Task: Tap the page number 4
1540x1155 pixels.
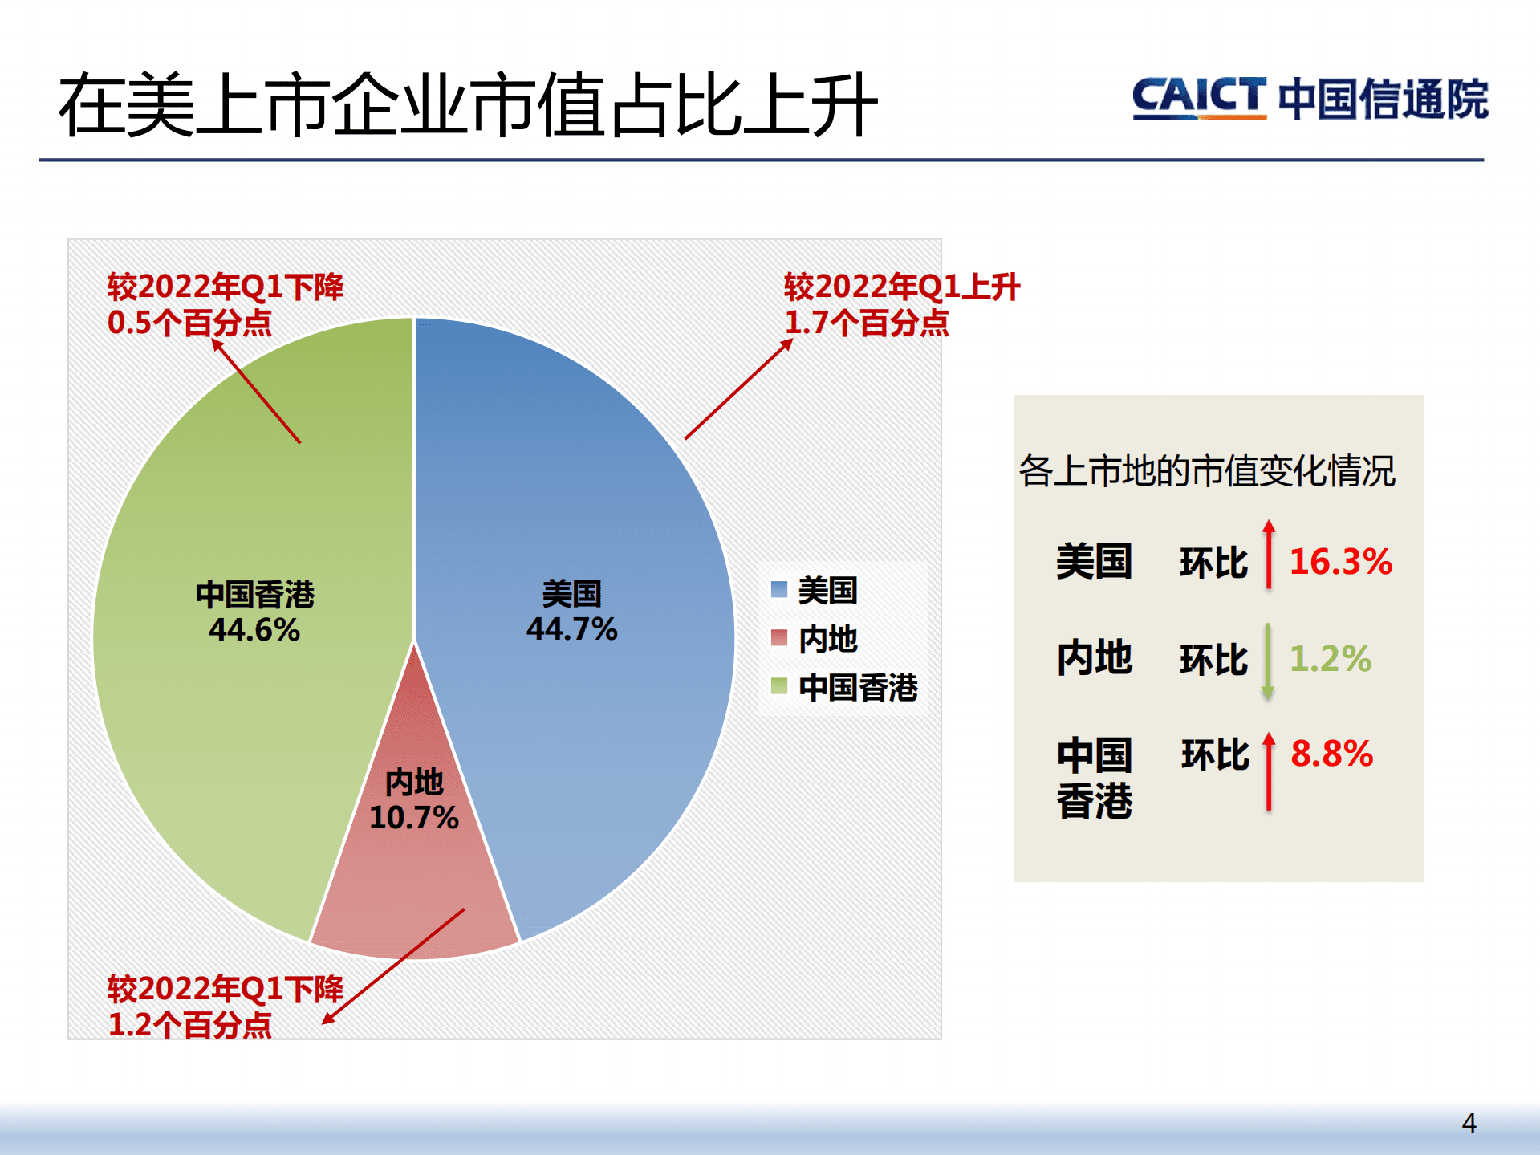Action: [x=1469, y=1123]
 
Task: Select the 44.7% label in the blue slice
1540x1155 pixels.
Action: [x=571, y=628]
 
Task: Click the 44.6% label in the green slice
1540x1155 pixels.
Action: [x=254, y=629]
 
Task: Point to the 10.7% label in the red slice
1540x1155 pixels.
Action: [x=413, y=817]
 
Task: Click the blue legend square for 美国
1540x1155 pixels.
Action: [x=778, y=589]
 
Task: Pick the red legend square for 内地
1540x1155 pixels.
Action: [x=778, y=638]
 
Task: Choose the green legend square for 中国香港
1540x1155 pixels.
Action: [x=778, y=685]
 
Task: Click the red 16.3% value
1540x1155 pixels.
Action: [x=1340, y=561]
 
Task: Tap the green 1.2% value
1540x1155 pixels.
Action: [x=1330, y=658]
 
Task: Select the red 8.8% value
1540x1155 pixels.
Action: [x=1331, y=754]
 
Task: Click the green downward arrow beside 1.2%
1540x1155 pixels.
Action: [x=1268, y=661]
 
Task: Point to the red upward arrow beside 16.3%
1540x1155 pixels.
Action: [x=1269, y=555]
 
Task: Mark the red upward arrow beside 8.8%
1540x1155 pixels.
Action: [x=1269, y=771]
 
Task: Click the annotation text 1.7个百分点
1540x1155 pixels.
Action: [x=866, y=323]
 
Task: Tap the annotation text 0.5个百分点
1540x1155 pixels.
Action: [x=189, y=323]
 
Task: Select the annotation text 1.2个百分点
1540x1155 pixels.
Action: [x=189, y=1024]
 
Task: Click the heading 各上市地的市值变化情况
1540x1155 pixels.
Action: [x=1206, y=470]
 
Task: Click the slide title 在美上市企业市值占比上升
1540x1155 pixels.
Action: [x=467, y=104]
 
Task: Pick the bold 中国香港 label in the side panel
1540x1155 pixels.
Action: [x=1094, y=777]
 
